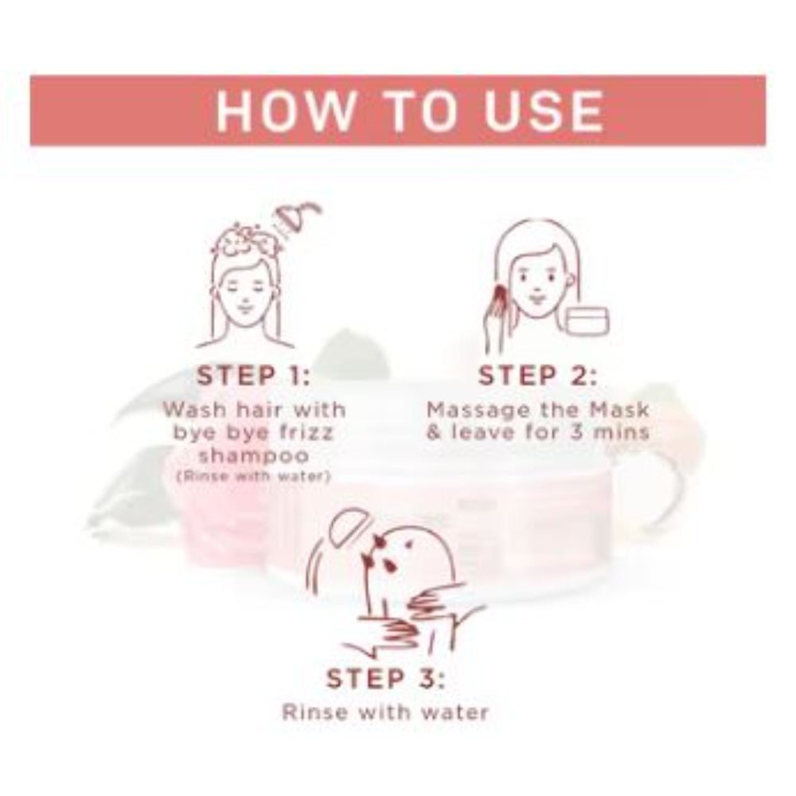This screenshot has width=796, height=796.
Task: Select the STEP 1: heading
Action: [x=254, y=376]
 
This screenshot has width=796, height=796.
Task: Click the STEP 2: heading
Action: [x=537, y=376]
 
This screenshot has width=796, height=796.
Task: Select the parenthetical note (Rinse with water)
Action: [x=254, y=476]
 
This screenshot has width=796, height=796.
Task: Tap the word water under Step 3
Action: [x=453, y=711]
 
